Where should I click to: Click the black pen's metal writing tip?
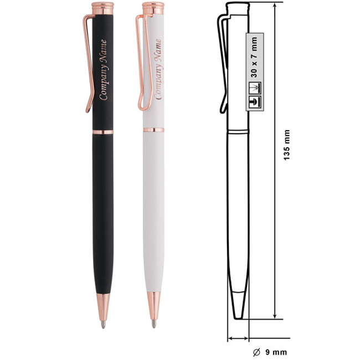tap(104, 325)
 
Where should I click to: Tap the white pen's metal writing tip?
tap(154, 324)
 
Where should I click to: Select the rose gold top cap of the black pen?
tap(102, 9)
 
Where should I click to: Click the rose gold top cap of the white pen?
tap(153, 8)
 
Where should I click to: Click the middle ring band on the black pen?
tap(103, 132)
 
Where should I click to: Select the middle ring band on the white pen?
tap(153, 130)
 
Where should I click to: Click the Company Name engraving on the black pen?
tap(104, 70)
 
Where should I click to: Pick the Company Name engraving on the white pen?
tap(158, 69)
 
